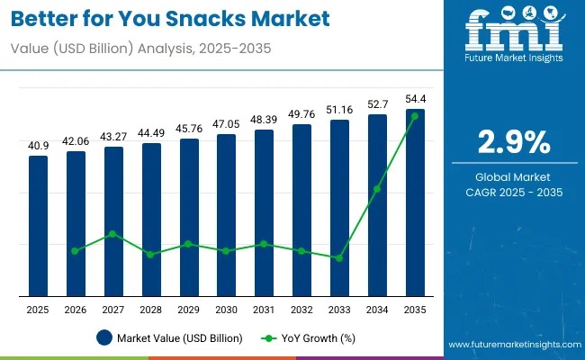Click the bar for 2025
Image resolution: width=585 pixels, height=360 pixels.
[38, 225]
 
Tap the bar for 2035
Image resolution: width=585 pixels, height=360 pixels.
[414, 202]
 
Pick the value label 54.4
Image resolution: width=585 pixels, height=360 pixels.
[414, 99]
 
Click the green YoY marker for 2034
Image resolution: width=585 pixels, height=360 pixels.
[377, 189]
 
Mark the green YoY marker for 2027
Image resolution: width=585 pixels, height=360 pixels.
[113, 234]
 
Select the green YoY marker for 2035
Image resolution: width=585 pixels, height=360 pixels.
[414, 116]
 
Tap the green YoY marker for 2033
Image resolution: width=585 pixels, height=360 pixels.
[339, 258]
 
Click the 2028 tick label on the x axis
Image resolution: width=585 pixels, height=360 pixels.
[150, 310]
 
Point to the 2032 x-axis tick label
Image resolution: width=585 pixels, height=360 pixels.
[301, 310]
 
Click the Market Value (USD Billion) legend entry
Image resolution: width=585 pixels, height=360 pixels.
[169, 338]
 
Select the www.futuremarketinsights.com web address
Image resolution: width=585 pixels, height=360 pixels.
[514, 345]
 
